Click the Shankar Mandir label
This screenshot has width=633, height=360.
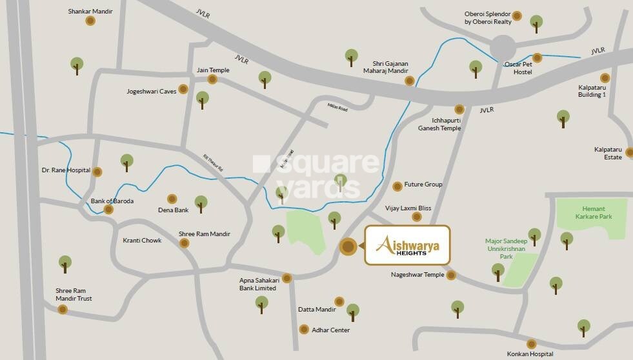coord(90,11)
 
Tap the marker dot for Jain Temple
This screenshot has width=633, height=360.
coord(212,79)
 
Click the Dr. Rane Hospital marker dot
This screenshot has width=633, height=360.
coord(97,172)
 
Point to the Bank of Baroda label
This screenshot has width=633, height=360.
coord(112,201)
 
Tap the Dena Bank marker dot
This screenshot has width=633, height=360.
coord(172,199)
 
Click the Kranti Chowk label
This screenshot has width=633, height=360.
coord(142,241)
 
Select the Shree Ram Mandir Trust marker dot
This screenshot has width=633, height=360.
coord(63,310)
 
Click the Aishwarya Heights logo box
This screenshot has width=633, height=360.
coord(407,245)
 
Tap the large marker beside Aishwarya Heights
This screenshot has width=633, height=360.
coord(348,246)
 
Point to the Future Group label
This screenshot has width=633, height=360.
coord(423,185)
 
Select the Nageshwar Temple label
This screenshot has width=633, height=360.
coord(417,275)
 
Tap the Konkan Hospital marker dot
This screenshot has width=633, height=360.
coord(531,344)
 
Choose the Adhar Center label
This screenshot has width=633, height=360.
coord(330,330)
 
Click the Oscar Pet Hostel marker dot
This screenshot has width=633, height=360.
coord(537,58)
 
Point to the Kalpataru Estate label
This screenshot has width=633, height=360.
coord(608,153)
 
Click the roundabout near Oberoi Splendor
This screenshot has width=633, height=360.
coord(502,47)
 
